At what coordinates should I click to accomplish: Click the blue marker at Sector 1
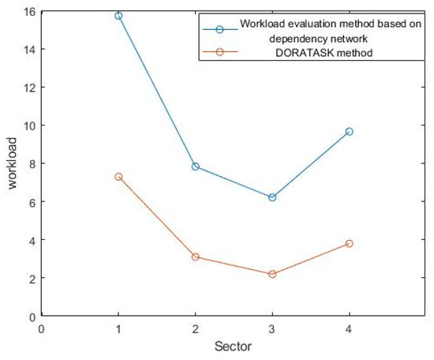(118, 16)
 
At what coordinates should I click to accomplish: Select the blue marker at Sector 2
(195, 167)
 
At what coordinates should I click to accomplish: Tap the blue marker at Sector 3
(272, 197)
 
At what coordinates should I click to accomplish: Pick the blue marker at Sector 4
(349, 131)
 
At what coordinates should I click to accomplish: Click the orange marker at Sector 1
(118, 177)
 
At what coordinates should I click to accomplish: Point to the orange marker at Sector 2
(195, 257)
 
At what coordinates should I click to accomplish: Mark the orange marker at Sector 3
(272, 274)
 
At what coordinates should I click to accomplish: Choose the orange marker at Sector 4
(349, 243)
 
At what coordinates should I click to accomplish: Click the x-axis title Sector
(234, 347)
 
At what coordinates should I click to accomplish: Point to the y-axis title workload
(11, 163)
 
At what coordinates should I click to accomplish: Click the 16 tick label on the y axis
(29, 11)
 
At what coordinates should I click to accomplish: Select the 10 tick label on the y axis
(29, 126)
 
